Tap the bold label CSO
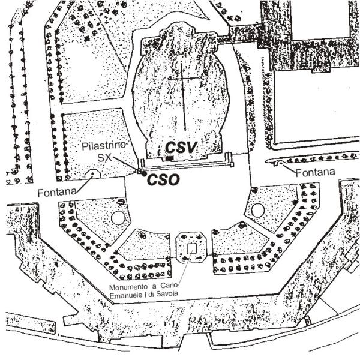pos(164,179)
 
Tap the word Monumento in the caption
pos(128,287)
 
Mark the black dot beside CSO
pos(143,174)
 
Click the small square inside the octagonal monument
pos(191,248)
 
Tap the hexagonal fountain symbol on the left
pos(92,175)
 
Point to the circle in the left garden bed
pos(118,216)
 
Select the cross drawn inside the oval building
pos(181,81)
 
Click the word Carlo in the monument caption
pos(173,287)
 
